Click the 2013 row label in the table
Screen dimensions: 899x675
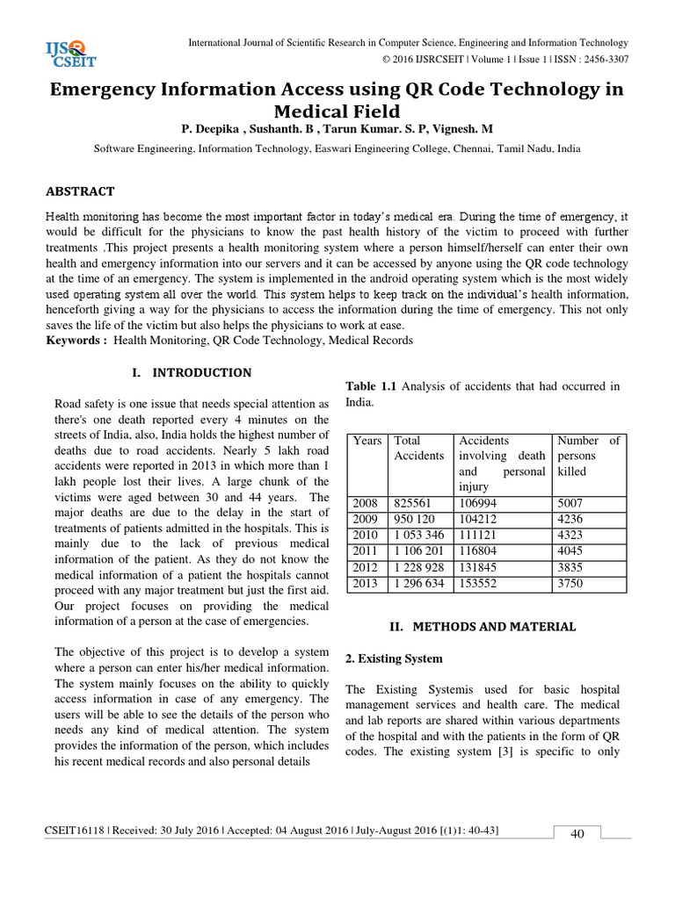tap(365, 582)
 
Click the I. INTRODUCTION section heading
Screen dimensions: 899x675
tap(191, 373)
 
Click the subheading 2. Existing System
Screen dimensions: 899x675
tap(395, 658)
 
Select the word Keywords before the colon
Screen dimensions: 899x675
tap(75, 340)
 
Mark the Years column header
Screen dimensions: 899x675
tap(367, 441)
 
